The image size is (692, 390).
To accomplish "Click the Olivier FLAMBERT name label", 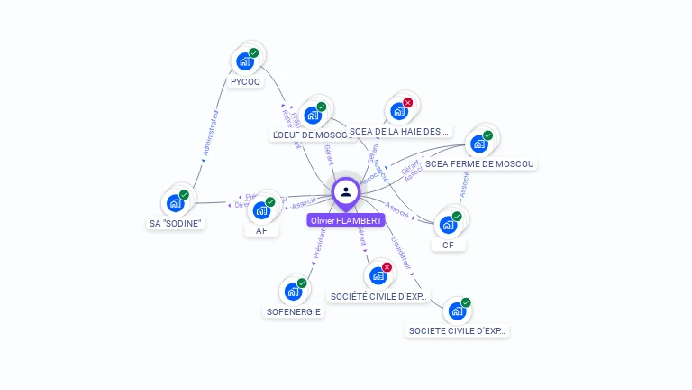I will [x=346, y=220].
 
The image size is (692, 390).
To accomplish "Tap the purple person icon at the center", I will [x=346, y=191].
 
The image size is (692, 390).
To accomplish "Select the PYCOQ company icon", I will [x=243, y=61].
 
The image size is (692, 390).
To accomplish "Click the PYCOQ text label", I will [x=246, y=81].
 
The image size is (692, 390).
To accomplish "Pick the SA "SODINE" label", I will [x=176, y=223].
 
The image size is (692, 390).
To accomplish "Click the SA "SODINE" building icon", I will [x=175, y=203].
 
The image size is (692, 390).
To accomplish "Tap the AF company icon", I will [x=261, y=210].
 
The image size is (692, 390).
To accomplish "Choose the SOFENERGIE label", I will [x=294, y=311].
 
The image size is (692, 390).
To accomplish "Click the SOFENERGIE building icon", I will [x=292, y=292].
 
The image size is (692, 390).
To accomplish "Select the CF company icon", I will [x=448, y=225].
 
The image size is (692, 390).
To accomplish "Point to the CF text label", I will [x=448, y=245].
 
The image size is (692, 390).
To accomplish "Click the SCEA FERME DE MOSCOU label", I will [x=480, y=164].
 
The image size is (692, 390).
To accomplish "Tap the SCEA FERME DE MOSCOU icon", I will [x=478, y=144].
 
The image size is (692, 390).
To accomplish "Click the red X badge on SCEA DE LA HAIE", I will [x=408, y=103].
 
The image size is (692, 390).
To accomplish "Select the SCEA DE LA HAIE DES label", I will [x=399, y=131].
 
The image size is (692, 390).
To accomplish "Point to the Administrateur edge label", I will [x=211, y=135].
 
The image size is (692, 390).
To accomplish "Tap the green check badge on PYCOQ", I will [x=254, y=53].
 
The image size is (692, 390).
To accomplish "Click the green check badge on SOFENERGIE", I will [x=302, y=283].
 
